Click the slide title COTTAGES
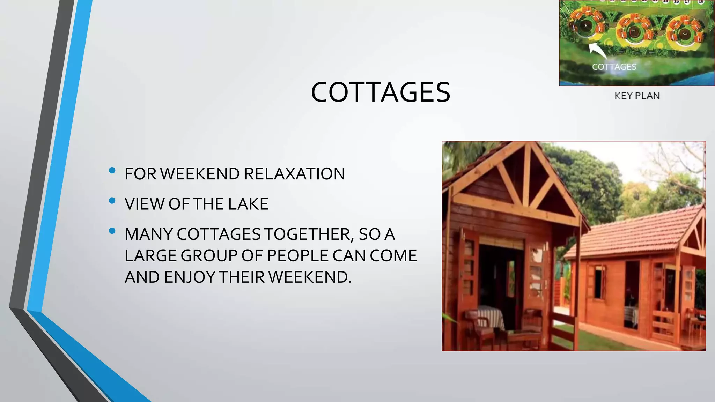click(x=381, y=92)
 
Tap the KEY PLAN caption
click(x=637, y=96)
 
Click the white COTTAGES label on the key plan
click(x=614, y=67)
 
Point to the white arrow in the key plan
click(x=598, y=51)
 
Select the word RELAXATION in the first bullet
click(x=294, y=174)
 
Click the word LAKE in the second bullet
click(x=248, y=204)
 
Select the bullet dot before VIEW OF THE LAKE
click(x=112, y=201)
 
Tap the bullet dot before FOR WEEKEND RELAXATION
click(x=112, y=170)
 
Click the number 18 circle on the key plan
click(x=701, y=2)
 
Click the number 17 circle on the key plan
click(x=687, y=2)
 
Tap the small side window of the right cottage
click(x=599, y=282)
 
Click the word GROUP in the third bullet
click(x=208, y=256)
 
